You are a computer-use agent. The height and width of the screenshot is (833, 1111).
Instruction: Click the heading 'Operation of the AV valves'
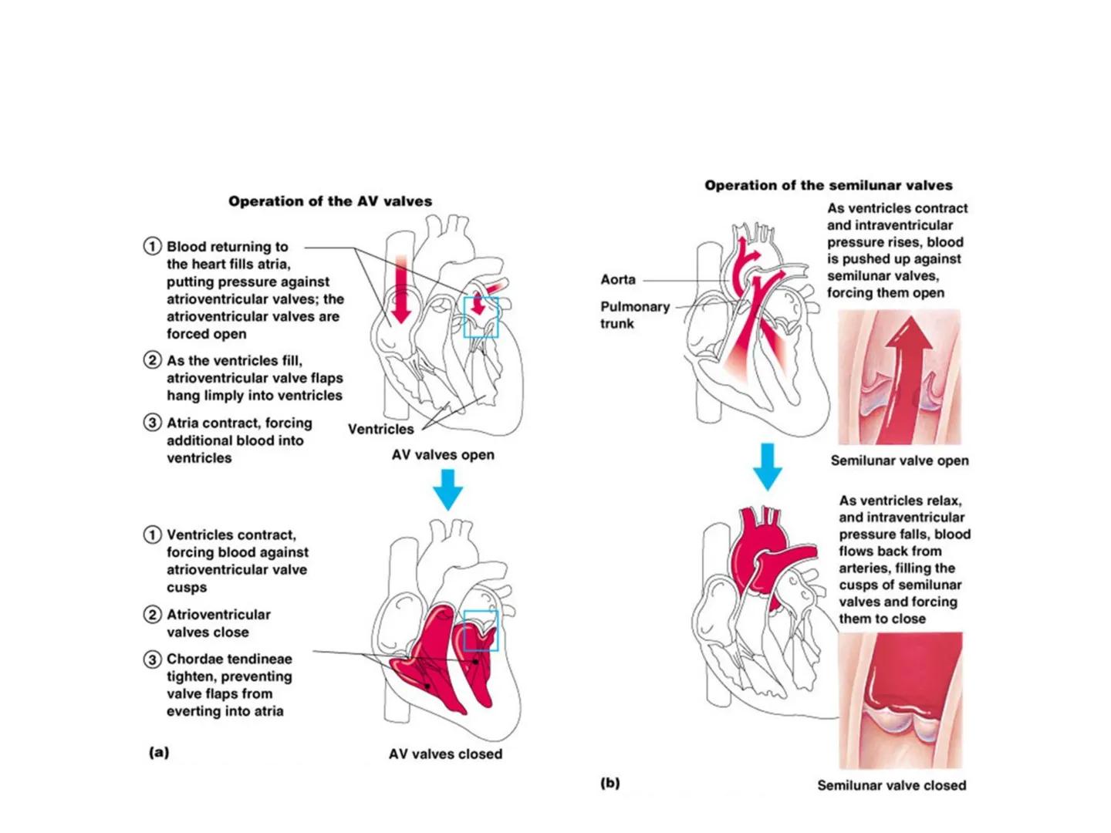click(x=330, y=201)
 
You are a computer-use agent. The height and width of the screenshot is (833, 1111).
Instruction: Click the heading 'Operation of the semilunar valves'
click(x=828, y=185)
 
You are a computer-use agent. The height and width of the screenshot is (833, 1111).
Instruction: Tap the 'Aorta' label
click(x=618, y=279)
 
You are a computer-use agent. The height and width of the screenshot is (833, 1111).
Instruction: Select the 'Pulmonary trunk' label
click(x=634, y=315)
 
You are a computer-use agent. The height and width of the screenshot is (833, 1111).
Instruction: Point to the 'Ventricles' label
click(x=380, y=429)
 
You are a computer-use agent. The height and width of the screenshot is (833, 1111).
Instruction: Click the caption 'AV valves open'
click(x=443, y=455)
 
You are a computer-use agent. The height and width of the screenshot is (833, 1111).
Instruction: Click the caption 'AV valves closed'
click(x=445, y=754)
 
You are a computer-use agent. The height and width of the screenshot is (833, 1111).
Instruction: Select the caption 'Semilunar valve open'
click(x=900, y=460)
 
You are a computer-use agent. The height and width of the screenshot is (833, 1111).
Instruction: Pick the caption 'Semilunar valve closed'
click(x=891, y=785)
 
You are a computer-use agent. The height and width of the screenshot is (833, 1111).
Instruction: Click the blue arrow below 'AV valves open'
click(x=447, y=488)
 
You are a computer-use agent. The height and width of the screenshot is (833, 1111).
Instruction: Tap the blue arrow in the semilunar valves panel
click(x=767, y=466)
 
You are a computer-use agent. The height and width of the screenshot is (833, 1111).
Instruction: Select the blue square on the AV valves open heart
click(x=481, y=317)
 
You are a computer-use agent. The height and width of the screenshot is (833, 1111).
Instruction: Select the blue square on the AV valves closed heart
click(x=481, y=631)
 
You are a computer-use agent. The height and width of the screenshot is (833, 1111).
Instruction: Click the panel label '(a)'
click(x=159, y=752)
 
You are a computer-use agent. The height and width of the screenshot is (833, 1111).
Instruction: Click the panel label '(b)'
click(x=610, y=783)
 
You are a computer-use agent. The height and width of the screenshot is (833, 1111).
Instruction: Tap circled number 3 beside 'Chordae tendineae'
click(x=152, y=659)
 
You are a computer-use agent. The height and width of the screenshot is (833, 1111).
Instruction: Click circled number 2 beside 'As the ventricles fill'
click(x=152, y=360)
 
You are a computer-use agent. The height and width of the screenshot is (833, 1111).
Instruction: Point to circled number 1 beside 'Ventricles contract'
click(x=152, y=535)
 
